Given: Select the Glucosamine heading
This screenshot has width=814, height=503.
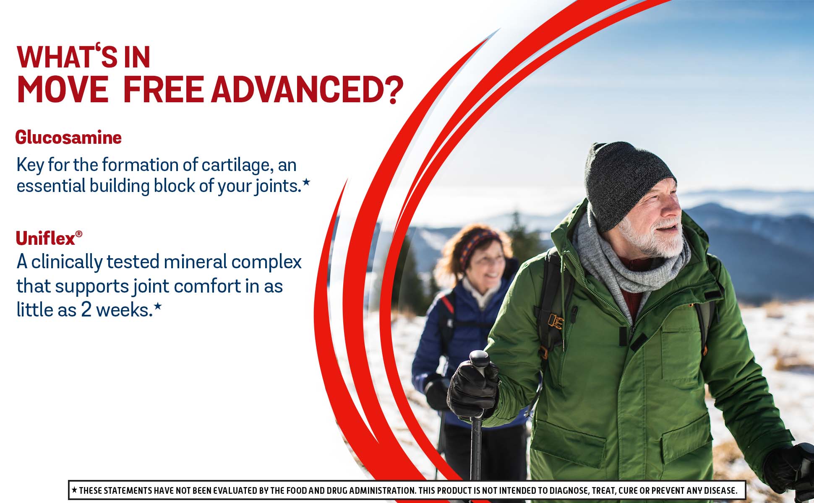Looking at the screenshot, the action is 68,137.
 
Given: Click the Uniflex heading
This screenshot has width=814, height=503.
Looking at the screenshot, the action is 45,239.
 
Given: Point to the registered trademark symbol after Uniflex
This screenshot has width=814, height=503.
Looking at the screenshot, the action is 79,233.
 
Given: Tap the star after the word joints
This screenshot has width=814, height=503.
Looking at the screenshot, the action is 306,182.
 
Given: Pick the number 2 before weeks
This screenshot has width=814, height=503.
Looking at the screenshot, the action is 86,310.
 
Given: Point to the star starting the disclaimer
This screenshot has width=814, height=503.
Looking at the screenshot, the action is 74,490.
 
